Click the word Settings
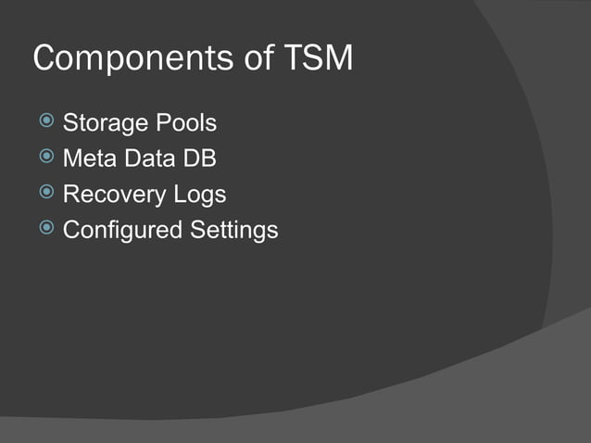(x=234, y=231)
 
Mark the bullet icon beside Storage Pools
(x=46, y=121)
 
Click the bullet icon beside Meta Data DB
(x=46, y=158)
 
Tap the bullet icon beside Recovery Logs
(x=46, y=194)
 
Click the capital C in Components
(x=44, y=58)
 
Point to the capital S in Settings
(x=197, y=229)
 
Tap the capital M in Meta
(x=71, y=158)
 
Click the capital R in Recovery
(x=70, y=195)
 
